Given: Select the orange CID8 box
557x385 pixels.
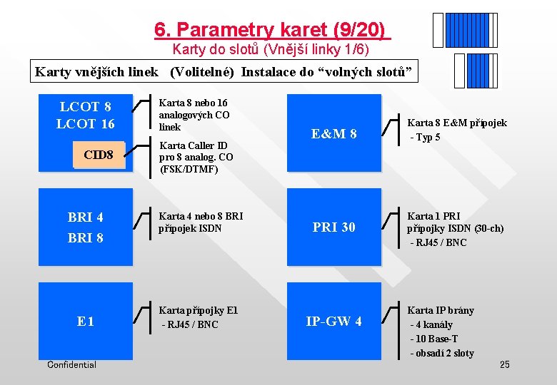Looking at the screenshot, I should pos(99,155).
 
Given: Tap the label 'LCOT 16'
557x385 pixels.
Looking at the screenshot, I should pos(86,123).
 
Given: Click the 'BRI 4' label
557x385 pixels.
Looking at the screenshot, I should pos(86,217).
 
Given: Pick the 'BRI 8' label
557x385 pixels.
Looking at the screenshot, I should pos(86,238).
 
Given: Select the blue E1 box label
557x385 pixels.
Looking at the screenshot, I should pos(86,322).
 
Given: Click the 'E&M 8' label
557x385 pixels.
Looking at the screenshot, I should pos(334,134).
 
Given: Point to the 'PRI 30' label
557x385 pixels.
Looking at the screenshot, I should pos(333,227).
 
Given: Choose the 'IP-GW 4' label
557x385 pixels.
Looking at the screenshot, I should pos(333,322).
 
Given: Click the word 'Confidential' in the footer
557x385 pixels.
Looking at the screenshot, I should pos(71,365).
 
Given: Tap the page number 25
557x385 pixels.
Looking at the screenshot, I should pos(504,365).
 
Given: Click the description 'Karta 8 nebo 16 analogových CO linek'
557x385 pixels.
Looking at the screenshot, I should pos(194,115).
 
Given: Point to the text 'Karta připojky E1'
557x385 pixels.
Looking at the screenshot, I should pos(199,310).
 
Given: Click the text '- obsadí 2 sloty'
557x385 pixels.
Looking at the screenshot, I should pos(441,353).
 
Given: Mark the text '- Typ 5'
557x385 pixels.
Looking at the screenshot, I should pos(425,137).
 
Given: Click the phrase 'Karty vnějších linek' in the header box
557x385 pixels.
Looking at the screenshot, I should pos(97,72).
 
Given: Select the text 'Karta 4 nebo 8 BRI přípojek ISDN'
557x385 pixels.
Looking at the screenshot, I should pos(201,222).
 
